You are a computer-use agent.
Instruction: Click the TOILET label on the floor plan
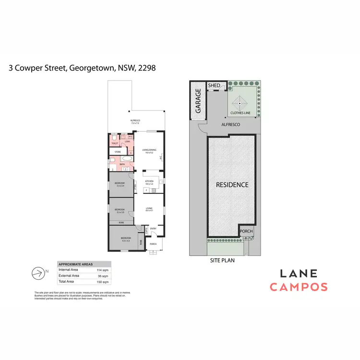point(115,144)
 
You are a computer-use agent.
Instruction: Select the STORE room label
point(118,152)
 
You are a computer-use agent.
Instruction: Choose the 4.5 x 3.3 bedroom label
point(126,239)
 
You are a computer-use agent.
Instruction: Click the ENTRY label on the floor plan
point(153,228)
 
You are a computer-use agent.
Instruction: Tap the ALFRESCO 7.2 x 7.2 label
point(135,121)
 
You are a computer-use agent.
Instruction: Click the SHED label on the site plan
point(214,85)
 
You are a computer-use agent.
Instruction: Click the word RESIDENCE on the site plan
point(232,185)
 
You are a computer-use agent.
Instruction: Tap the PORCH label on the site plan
point(246,231)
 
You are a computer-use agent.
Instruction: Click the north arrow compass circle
point(36,273)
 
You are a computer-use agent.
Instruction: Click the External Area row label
point(69,276)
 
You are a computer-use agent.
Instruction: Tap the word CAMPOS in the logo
point(298,287)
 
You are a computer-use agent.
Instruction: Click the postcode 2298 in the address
point(147,68)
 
